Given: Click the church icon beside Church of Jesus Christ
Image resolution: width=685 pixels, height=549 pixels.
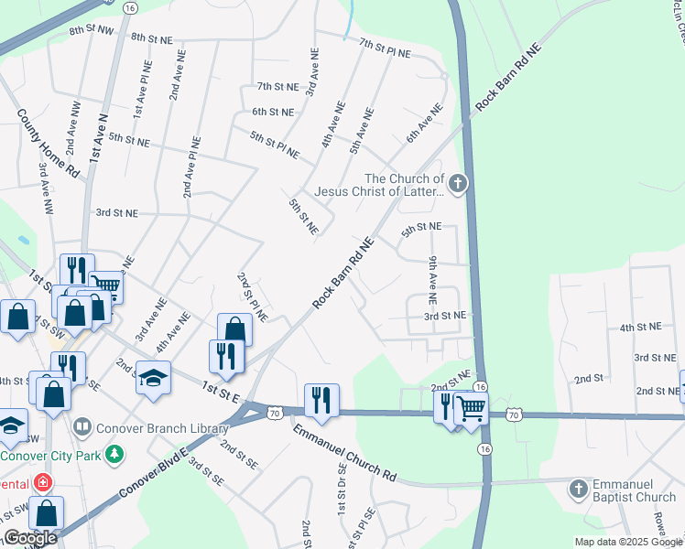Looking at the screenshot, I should pyautogui.click(x=457, y=184).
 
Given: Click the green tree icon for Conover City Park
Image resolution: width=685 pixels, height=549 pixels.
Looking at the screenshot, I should pyautogui.click(x=115, y=454).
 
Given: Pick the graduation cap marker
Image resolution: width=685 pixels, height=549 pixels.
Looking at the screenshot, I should pyautogui.click(x=153, y=378).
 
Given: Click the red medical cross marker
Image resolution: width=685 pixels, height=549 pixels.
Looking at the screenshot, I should pyautogui.click(x=41, y=482).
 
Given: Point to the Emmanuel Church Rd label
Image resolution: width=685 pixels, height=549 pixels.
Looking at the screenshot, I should pyautogui.click(x=344, y=452).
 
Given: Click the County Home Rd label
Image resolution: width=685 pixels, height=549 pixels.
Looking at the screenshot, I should pyautogui.click(x=48, y=143).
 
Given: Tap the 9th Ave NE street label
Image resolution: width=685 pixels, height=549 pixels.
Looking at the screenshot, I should pyautogui.click(x=433, y=280).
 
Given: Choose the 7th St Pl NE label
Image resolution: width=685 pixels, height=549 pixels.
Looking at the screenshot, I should pyautogui.click(x=385, y=48).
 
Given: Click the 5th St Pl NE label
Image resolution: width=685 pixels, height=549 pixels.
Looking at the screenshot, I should pyautogui.click(x=275, y=144).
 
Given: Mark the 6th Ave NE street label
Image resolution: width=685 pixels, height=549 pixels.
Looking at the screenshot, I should pyautogui.click(x=425, y=122).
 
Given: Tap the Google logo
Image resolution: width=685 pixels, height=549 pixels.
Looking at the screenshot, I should pyautogui.click(x=30, y=538).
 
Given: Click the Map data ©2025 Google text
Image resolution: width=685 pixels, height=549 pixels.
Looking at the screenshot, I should pyautogui.click(x=628, y=542).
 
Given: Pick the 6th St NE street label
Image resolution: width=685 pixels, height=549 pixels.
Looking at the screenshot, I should pyautogui.click(x=273, y=112).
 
